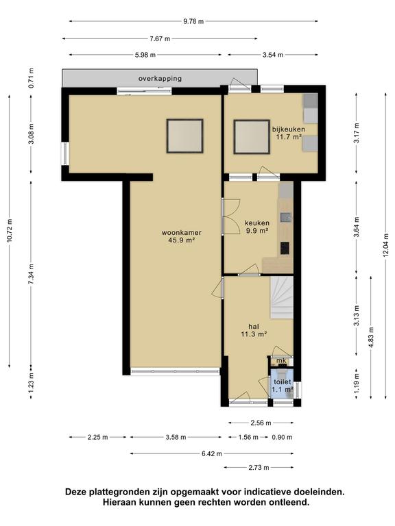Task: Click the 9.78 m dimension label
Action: (x=193, y=21)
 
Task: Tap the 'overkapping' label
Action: (x=160, y=79)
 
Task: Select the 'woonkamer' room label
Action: (x=182, y=232)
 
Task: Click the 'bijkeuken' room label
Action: (x=289, y=129)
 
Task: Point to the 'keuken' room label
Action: (x=257, y=223)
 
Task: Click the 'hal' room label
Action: (x=254, y=326)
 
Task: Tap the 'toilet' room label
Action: (x=283, y=382)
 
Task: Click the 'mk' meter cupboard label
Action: (x=281, y=361)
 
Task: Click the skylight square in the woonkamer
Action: (x=184, y=136)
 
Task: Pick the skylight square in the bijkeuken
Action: (x=252, y=137)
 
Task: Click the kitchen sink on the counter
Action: (x=286, y=218)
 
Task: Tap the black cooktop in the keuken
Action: (x=285, y=248)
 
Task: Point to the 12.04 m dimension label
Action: (x=385, y=245)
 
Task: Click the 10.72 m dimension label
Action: (x=10, y=230)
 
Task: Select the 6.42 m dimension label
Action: (x=212, y=454)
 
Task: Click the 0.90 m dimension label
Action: (x=282, y=438)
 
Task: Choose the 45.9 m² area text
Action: (x=182, y=240)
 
